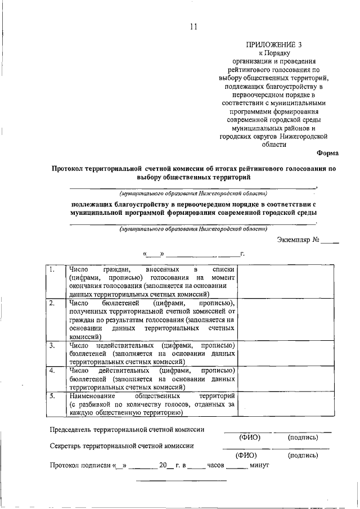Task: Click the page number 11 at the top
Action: pyautogui.click(x=193, y=26)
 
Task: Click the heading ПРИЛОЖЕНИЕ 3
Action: pyautogui.click(x=275, y=44)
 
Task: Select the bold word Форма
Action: pyautogui.click(x=327, y=152)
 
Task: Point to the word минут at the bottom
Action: pyautogui.click(x=261, y=466)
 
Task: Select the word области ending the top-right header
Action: pyautogui.click(x=274, y=144)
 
